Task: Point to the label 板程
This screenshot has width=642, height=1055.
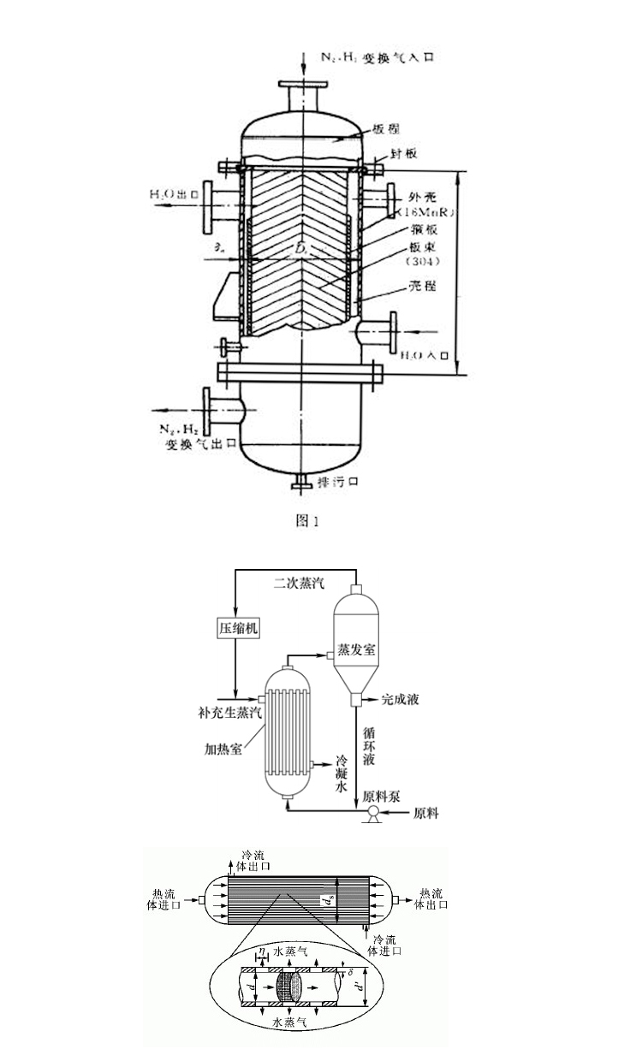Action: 386,131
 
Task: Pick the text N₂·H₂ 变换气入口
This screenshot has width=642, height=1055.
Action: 367,56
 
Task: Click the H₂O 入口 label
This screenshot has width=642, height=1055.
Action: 425,353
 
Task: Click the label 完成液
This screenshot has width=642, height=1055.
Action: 401,700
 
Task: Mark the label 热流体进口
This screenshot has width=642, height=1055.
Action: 163,898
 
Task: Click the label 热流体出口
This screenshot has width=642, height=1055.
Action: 431,898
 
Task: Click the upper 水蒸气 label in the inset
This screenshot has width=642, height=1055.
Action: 290,951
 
